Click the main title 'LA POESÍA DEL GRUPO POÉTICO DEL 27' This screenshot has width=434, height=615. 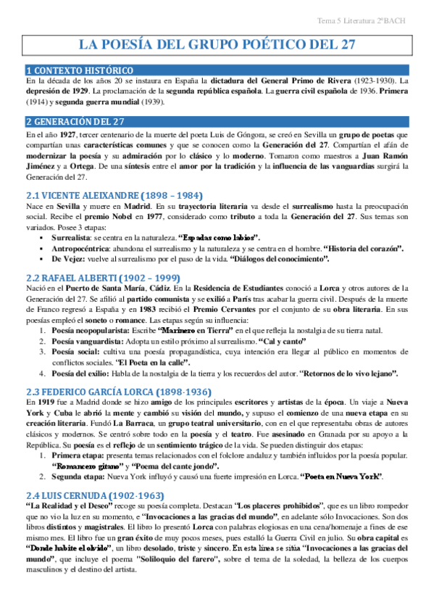[x=217, y=44]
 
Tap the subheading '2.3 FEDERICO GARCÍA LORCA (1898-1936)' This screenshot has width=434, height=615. [x=120, y=390]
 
